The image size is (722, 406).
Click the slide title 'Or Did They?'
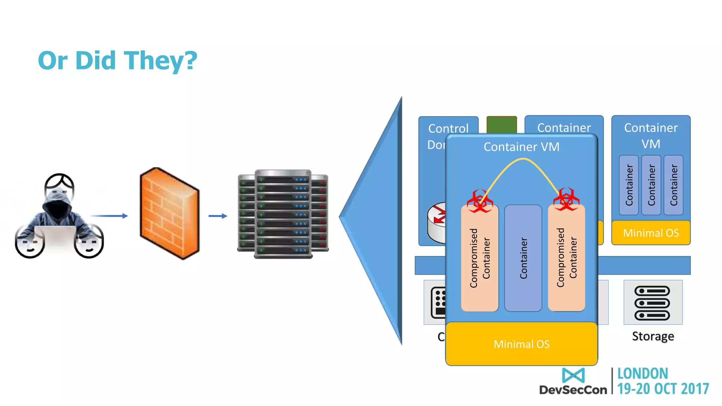click(117, 60)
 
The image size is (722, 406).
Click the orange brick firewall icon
click(169, 213)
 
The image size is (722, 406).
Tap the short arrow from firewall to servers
click(218, 216)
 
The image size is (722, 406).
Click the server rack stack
click(283, 214)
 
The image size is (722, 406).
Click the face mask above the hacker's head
click(59, 187)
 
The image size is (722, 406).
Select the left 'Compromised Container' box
click(479, 258)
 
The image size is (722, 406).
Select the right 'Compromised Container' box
click(567, 258)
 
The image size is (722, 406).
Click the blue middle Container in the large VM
click(523, 258)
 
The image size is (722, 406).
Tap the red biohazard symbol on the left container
click(479, 201)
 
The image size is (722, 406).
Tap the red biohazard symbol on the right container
click(566, 199)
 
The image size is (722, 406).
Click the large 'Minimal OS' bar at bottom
click(521, 344)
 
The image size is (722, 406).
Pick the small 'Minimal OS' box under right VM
click(651, 233)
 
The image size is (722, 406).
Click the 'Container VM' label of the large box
click(521, 147)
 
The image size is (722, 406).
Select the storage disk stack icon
click(652, 303)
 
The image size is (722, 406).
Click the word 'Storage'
click(653, 336)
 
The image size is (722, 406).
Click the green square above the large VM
click(501, 124)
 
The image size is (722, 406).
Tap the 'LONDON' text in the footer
click(642, 374)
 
